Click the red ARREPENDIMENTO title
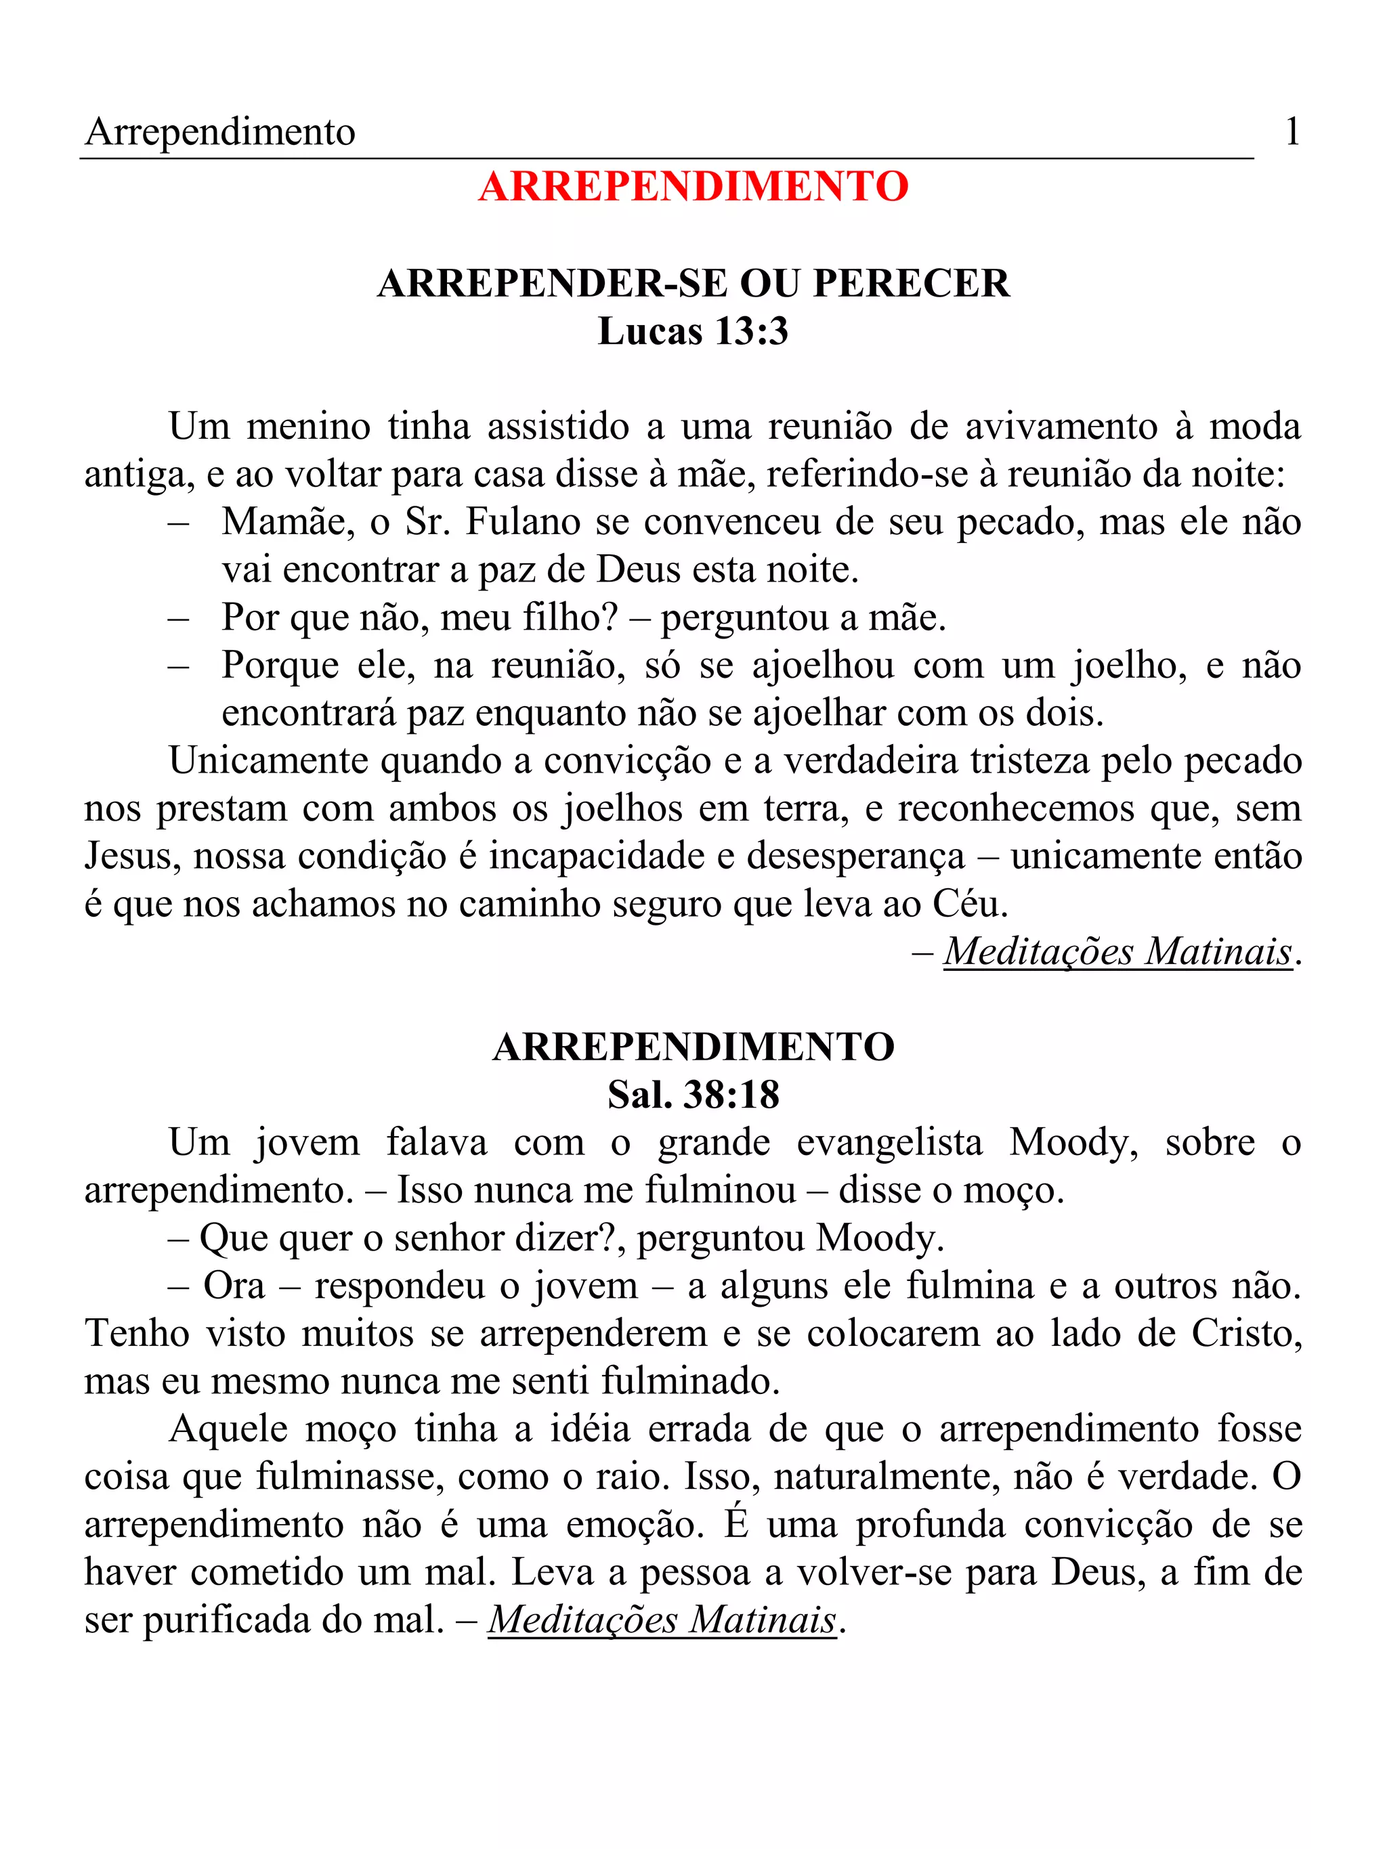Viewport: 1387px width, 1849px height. pos(693,186)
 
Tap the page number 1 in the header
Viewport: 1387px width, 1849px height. pos(1292,131)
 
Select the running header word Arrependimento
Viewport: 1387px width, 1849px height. pos(220,132)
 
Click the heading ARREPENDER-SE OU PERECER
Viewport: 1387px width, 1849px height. pos(693,284)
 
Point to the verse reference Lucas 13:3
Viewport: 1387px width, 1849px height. pos(693,331)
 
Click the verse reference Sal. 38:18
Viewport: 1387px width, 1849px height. pos(693,1094)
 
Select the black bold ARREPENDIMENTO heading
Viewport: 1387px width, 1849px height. pos(693,1047)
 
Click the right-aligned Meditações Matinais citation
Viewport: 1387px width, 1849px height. pos(1117,951)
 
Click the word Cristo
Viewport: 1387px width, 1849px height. pos(1245,1333)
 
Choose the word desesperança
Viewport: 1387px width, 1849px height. pos(855,856)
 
